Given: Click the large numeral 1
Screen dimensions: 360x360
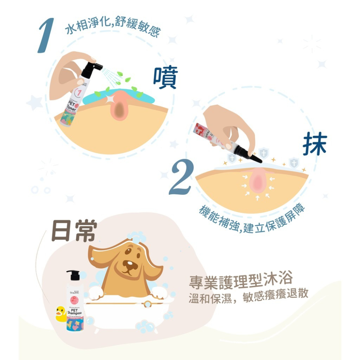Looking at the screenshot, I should (46, 35).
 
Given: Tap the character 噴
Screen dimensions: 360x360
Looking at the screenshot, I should (165, 77).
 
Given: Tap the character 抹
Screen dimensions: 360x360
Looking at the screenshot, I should (314, 144).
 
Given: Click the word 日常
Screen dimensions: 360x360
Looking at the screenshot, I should (74, 231).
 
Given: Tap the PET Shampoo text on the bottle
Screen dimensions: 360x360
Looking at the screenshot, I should (74, 311).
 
